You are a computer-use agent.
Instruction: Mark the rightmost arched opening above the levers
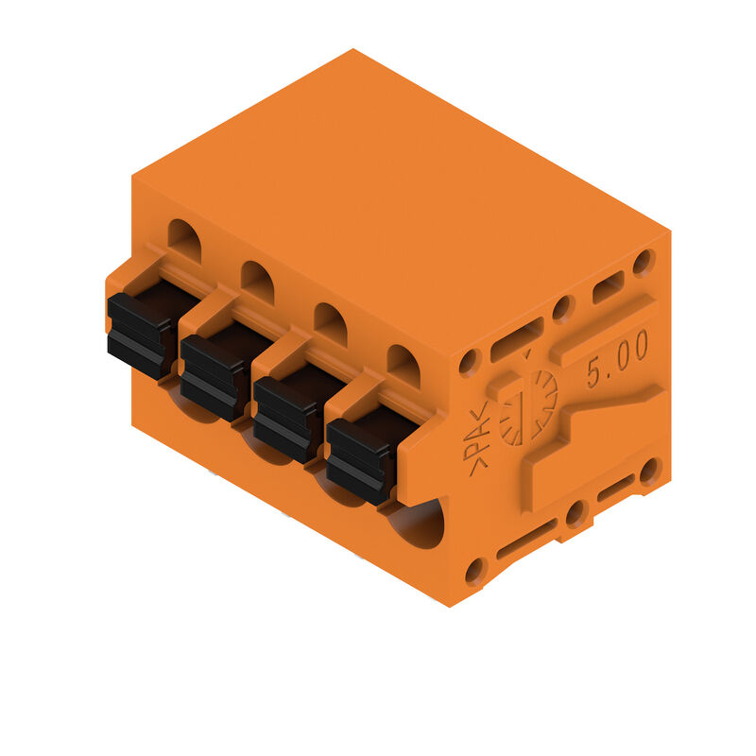point(404,366)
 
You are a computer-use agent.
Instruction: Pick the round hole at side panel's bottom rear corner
point(649,471)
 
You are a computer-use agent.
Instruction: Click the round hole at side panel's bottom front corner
point(475,571)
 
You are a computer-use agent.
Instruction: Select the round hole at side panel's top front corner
point(470,362)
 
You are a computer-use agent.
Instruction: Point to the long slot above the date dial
point(517,338)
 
